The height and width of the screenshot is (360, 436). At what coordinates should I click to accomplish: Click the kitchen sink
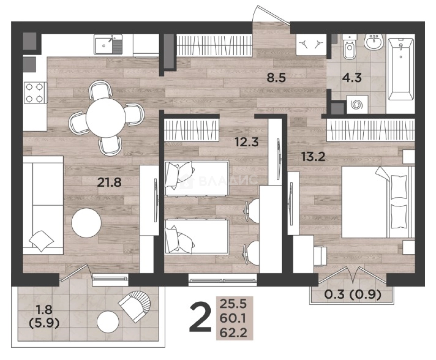(x=108, y=44)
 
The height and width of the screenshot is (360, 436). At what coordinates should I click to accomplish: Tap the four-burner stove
(x=36, y=93)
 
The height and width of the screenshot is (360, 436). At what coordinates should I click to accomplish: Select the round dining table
(x=106, y=118)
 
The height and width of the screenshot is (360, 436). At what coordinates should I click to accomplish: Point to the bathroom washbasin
(x=374, y=42)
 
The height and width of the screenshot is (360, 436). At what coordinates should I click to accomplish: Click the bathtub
(x=401, y=72)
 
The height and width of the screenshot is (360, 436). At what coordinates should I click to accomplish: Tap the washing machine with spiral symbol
(x=357, y=105)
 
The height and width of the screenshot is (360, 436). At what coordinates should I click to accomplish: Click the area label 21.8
(x=109, y=182)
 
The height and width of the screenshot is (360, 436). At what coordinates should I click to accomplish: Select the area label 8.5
(x=276, y=78)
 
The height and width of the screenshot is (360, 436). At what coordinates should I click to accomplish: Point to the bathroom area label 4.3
(x=352, y=78)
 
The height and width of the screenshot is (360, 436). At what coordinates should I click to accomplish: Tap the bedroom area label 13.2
(x=313, y=156)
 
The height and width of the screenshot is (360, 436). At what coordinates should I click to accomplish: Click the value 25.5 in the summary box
(x=233, y=304)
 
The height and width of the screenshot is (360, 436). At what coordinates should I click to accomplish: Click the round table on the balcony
(x=108, y=321)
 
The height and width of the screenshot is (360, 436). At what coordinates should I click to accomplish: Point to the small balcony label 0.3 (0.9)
(x=353, y=294)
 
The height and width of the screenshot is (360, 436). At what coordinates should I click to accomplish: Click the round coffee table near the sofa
(x=86, y=223)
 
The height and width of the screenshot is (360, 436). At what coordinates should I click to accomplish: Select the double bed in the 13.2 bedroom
(x=378, y=202)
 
